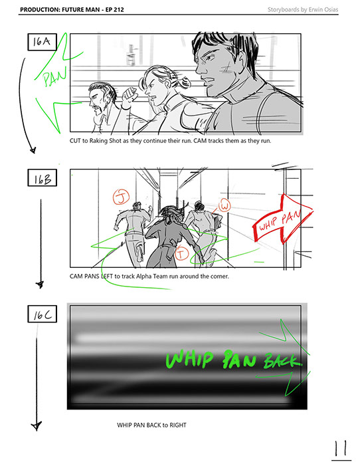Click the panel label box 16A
(x=43, y=42)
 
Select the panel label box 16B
(x=43, y=177)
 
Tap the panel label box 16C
(x=43, y=314)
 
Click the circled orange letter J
(x=121, y=197)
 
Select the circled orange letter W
(x=225, y=205)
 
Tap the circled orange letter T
(x=181, y=253)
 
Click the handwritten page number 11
(x=341, y=449)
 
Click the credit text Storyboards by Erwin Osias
(x=303, y=9)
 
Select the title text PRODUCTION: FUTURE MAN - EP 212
(x=72, y=9)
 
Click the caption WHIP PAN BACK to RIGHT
(x=151, y=425)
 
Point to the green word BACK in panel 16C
(x=282, y=361)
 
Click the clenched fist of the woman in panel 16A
(x=130, y=94)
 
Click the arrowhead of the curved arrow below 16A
(x=33, y=150)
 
